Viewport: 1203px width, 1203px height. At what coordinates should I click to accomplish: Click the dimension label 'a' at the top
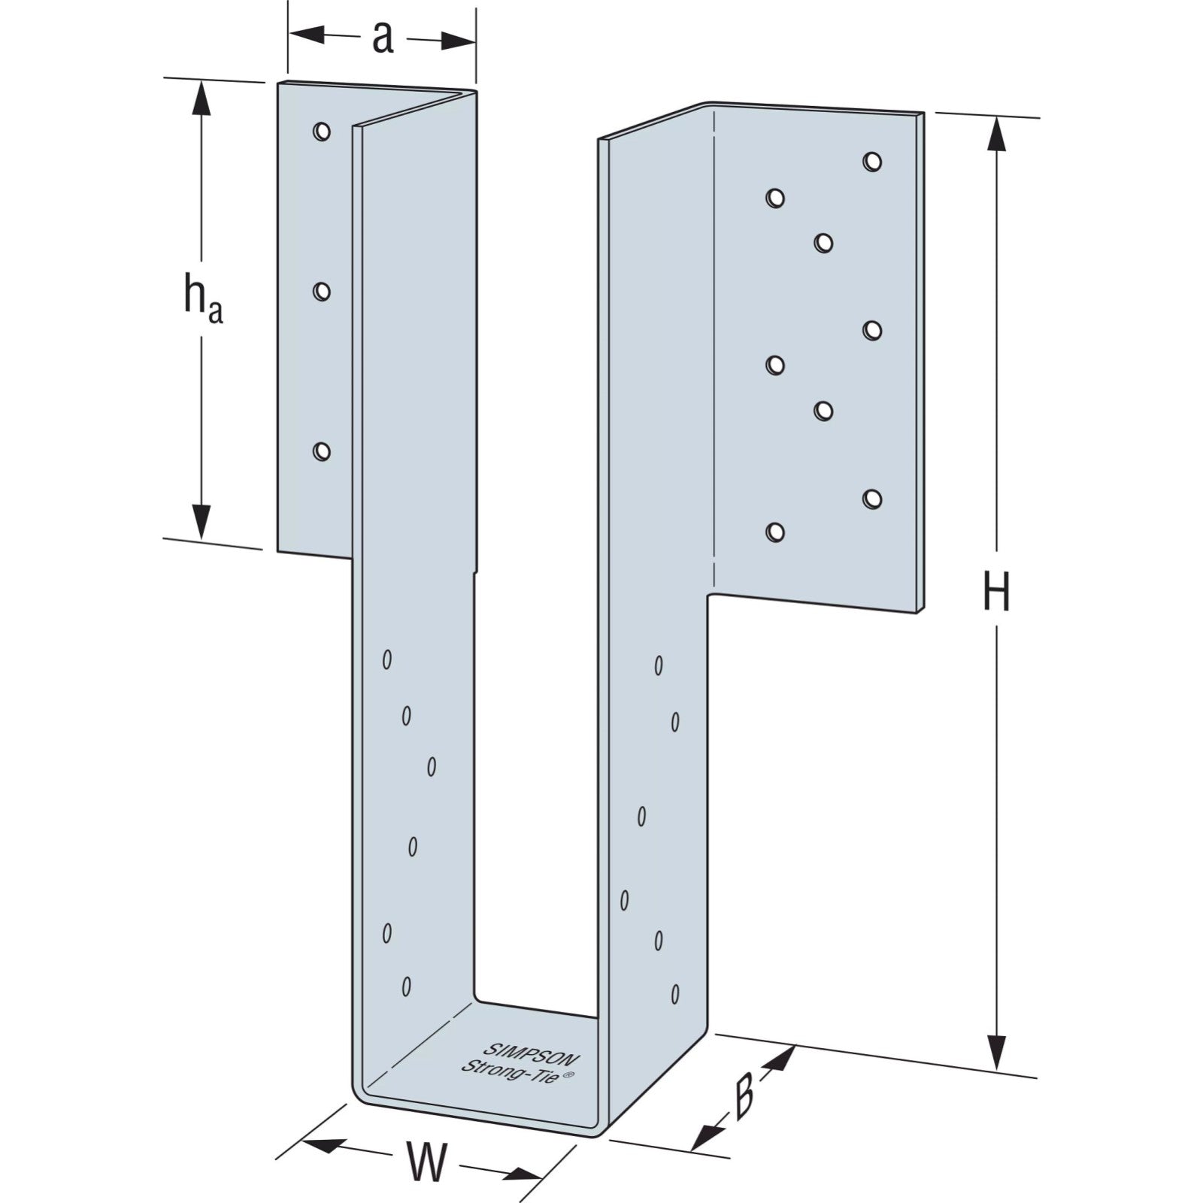383,38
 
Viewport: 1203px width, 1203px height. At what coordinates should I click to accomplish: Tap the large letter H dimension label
996,592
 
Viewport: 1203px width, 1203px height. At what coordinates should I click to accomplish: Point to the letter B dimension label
743,1098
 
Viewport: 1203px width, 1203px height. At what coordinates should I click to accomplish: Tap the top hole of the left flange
322,132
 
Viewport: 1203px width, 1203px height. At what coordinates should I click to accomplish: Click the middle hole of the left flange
322,291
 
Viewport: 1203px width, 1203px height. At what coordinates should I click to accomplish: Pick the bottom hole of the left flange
322,451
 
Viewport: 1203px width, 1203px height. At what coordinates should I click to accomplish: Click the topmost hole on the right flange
872,161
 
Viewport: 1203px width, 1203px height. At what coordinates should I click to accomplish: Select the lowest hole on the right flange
775,532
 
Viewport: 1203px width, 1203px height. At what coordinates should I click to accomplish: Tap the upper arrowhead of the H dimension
996,134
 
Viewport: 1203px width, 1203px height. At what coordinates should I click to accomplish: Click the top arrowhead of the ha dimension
200,98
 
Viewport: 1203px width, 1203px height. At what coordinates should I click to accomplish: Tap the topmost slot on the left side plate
387,659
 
